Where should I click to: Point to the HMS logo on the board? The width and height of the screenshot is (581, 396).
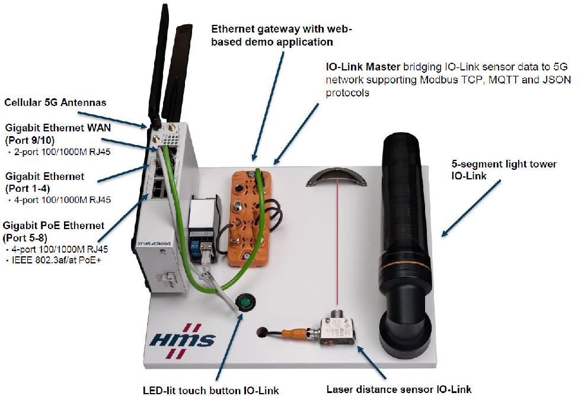click(183, 341)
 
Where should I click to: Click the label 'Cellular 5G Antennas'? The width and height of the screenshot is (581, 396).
click(55, 102)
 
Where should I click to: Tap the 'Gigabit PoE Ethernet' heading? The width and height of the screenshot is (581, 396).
click(53, 226)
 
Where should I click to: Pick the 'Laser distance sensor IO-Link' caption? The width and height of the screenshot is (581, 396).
click(399, 389)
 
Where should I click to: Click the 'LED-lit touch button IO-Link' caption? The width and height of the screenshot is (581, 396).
click(210, 390)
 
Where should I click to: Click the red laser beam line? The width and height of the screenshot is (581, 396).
click(337, 249)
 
